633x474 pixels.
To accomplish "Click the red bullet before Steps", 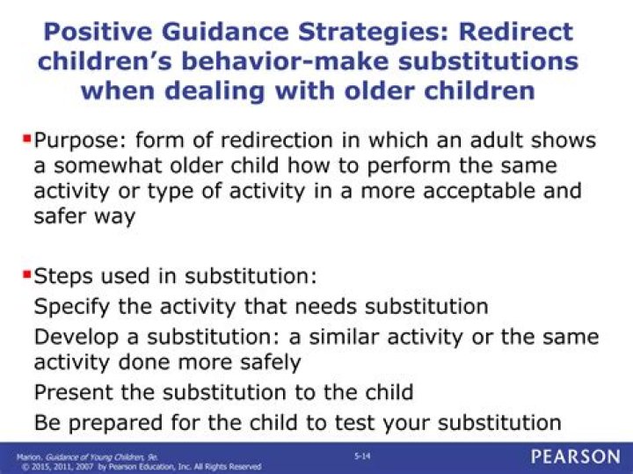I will coord(25,274).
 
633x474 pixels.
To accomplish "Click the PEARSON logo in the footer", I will coord(575,457).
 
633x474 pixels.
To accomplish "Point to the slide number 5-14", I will coord(361,456).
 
